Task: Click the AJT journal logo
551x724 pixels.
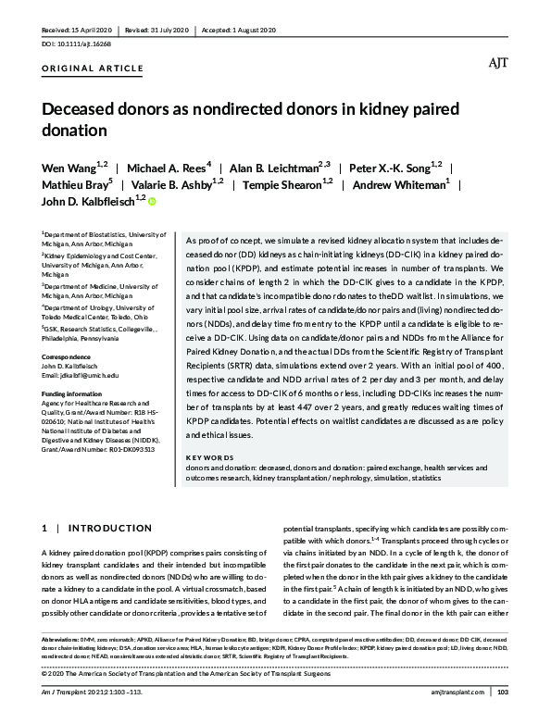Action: pos(497,63)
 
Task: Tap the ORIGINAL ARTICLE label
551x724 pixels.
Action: pos(93,69)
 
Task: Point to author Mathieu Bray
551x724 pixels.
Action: pos(74,183)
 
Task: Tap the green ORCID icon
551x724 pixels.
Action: pos(152,200)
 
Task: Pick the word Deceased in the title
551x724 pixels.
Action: pos(85,109)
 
